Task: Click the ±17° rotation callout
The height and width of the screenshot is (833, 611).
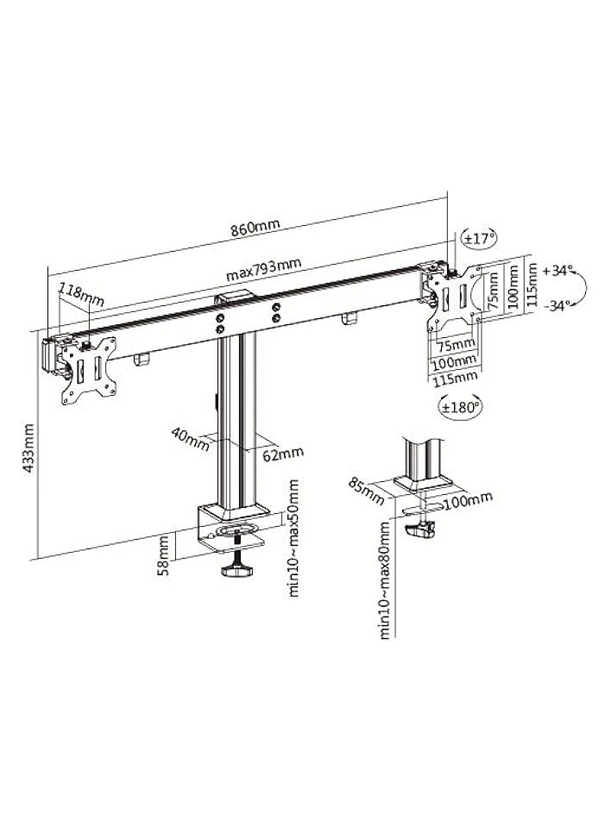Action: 480,236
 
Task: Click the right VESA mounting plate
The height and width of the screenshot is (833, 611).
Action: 456,297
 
